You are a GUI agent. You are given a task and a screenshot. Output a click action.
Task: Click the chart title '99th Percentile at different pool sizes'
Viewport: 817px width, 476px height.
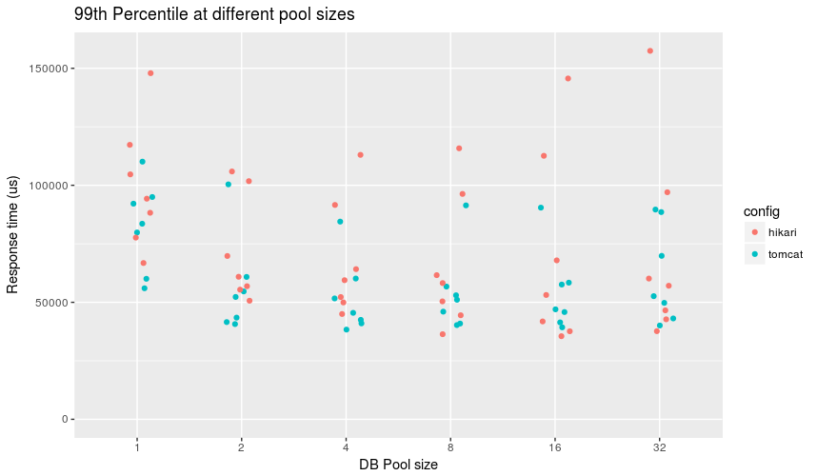(x=208, y=14)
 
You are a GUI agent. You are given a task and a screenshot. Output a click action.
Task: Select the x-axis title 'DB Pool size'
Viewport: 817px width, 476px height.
(x=398, y=465)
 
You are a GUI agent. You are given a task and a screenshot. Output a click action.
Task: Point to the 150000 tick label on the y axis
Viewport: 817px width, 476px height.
(x=43, y=69)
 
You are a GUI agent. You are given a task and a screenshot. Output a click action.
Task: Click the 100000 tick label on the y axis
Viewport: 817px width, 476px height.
(x=43, y=186)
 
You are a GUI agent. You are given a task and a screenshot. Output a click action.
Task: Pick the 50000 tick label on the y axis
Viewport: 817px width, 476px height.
(x=46, y=303)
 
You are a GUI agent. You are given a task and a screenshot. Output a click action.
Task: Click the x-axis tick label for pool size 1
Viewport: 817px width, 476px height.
(x=137, y=446)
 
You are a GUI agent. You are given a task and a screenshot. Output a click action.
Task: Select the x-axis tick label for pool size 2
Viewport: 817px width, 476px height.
(x=241, y=446)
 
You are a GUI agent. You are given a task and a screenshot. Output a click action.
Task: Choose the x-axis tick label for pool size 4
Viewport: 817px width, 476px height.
(x=346, y=446)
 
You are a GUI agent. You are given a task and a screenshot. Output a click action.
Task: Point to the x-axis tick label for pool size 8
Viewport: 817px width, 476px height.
(x=449, y=446)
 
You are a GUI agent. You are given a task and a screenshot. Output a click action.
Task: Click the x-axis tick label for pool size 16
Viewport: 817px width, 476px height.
(x=554, y=446)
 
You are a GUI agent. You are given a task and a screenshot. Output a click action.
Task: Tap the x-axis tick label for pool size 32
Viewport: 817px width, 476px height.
(x=659, y=446)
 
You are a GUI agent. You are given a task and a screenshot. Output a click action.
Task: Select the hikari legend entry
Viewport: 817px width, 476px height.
(x=769, y=232)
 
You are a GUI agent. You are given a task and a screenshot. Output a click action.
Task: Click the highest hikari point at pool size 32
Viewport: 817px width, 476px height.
(x=650, y=50)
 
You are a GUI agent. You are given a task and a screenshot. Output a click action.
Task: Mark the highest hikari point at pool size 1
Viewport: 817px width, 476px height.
(x=150, y=73)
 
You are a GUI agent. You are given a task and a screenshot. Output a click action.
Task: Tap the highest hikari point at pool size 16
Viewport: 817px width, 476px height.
(x=568, y=78)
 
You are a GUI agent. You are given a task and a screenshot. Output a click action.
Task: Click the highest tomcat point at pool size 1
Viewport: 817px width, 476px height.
(x=142, y=162)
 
